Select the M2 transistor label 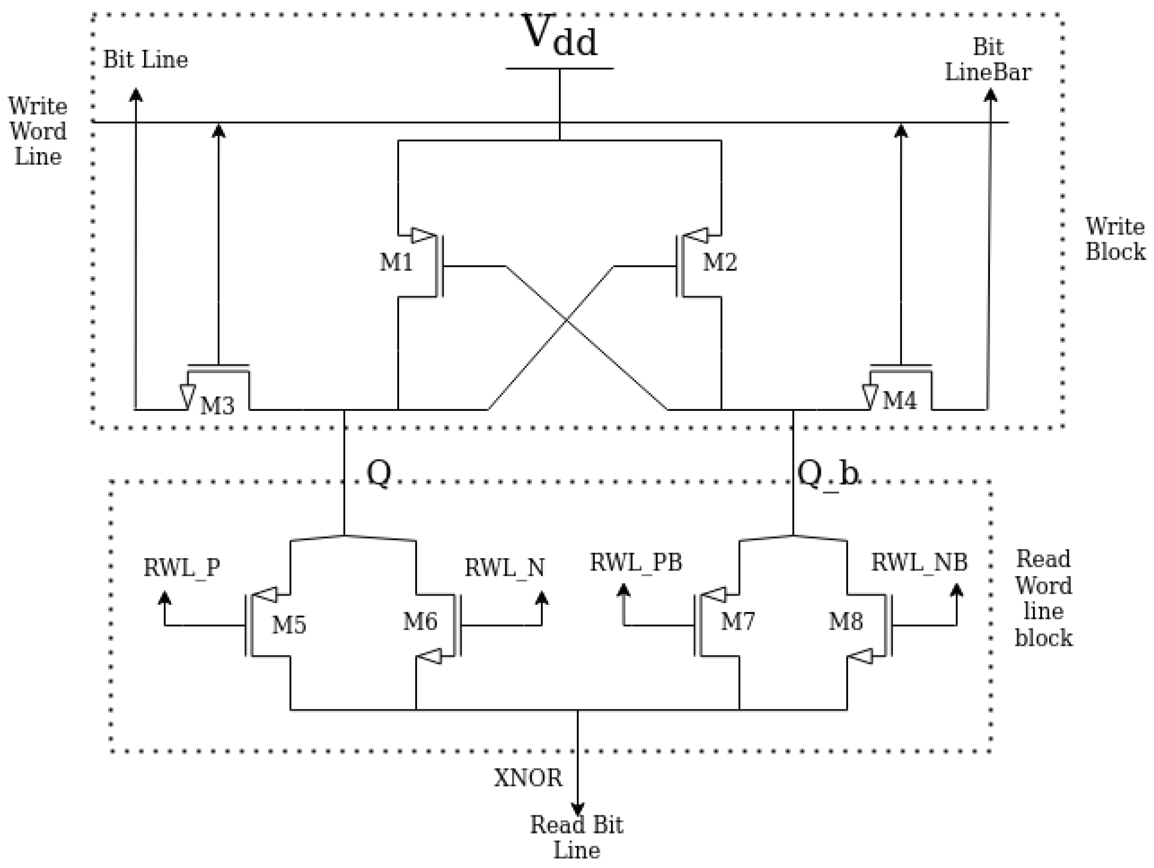point(720,262)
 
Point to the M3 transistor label point(217,406)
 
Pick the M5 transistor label point(288,625)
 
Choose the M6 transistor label point(420,621)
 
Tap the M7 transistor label point(738,621)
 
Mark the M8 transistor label point(846,621)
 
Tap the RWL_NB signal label point(919,563)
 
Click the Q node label point(379,473)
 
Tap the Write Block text point(1115,239)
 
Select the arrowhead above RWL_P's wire point(165,598)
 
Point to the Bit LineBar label point(988,60)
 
